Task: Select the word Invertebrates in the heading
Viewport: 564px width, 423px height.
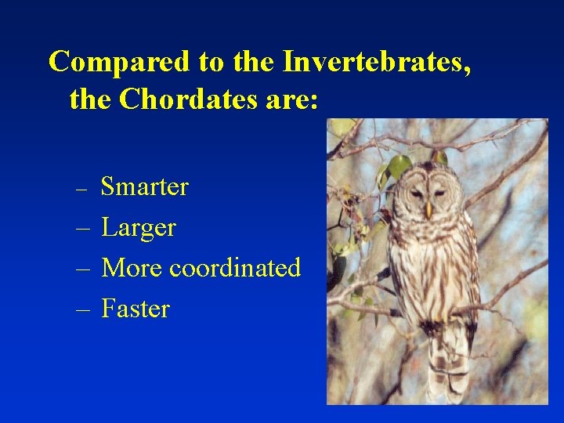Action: [377, 62]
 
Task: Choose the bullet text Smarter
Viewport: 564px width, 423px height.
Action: [145, 187]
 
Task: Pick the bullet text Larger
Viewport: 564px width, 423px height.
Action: [139, 228]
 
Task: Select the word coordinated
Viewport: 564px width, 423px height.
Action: [235, 268]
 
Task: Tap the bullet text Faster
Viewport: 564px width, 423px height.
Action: [136, 309]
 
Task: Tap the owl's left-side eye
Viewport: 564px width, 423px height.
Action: [415, 193]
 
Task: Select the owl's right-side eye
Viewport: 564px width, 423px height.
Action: [439, 193]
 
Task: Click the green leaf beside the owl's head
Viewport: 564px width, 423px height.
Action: [399, 166]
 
